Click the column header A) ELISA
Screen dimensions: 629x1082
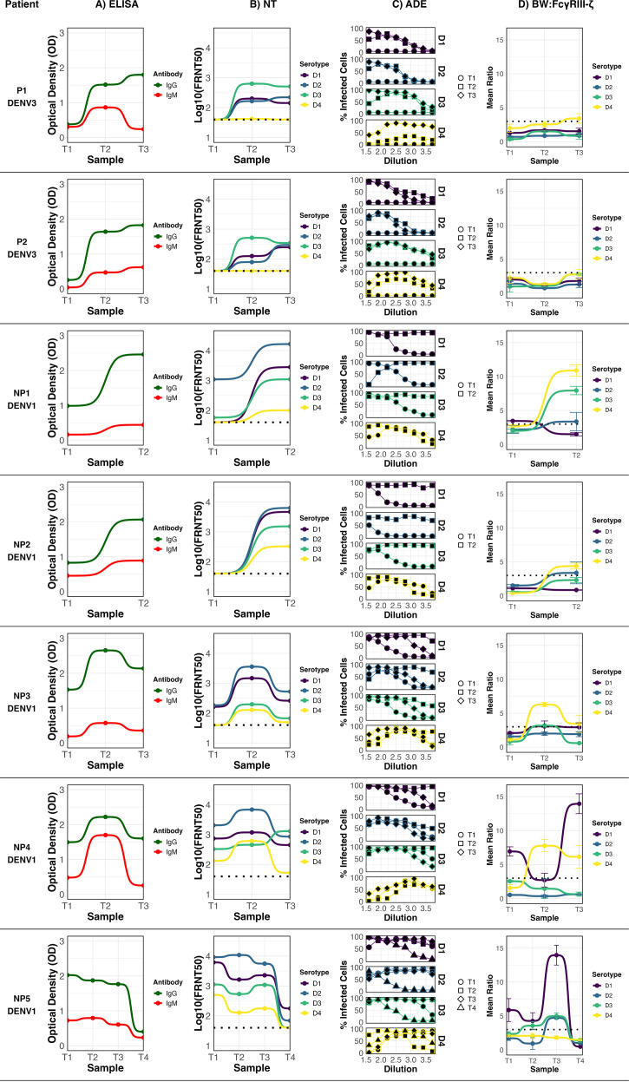[111, 5]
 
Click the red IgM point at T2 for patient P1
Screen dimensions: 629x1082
[105, 108]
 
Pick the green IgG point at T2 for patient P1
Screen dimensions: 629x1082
[105, 84]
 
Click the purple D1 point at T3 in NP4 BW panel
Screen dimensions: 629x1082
[579, 803]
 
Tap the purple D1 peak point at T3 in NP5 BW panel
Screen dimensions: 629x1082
[556, 955]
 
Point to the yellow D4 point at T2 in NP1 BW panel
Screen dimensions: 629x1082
[575, 371]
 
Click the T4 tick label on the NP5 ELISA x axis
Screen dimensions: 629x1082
[143, 1058]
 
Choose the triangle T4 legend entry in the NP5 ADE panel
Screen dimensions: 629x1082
[466, 1007]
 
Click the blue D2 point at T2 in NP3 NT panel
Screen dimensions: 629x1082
[252, 666]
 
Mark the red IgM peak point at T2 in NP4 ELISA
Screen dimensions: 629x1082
[105, 835]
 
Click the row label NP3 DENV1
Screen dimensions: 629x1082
[22, 701]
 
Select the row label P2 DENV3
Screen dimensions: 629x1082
[22, 247]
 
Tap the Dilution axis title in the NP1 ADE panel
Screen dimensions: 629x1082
[401, 463]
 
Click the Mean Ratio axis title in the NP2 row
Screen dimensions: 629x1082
[490, 541]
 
